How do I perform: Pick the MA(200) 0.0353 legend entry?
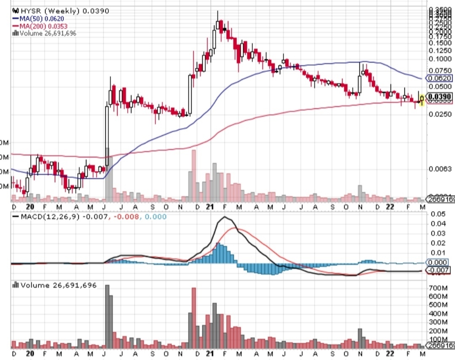40,26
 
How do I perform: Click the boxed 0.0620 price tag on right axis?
439,78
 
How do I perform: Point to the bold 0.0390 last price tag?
439,97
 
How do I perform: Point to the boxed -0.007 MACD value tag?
439,270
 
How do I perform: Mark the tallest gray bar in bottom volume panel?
107,316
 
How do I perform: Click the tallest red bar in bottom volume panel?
194,318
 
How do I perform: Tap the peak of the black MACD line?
225,217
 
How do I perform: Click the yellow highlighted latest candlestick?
422,100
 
